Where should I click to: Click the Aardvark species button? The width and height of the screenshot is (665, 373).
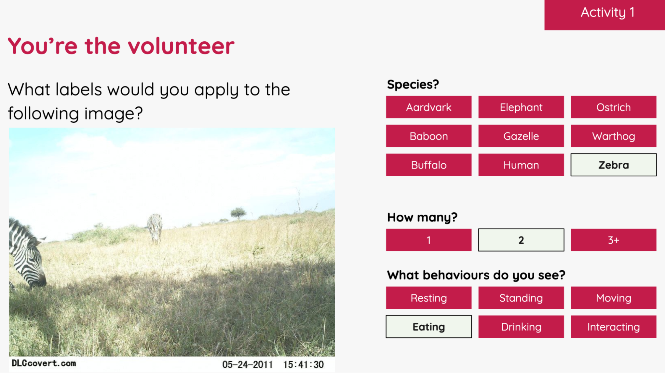click(428, 107)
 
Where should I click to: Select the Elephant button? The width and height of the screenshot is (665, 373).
click(521, 107)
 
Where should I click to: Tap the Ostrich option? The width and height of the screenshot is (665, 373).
click(613, 107)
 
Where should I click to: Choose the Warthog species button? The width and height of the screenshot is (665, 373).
click(613, 136)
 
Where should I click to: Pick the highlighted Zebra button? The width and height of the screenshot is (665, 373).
click(613, 165)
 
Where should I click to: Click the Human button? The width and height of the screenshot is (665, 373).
click(521, 165)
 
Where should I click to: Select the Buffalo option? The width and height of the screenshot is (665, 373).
click(428, 165)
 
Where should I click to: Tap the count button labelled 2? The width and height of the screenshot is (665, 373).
click(521, 240)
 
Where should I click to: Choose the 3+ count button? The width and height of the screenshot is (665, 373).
click(613, 240)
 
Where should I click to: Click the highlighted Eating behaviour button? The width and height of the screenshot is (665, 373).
click(428, 327)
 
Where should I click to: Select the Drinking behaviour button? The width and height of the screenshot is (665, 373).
click(521, 327)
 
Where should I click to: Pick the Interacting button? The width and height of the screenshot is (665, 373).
click(613, 327)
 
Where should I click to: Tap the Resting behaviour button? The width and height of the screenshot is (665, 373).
click(428, 298)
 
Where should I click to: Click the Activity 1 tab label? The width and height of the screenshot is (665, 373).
click(607, 13)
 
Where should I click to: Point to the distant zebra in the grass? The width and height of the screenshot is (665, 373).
click(155, 228)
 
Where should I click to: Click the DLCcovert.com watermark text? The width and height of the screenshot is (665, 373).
click(44, 363)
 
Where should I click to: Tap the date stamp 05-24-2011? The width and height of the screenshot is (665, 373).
click(247, 365)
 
